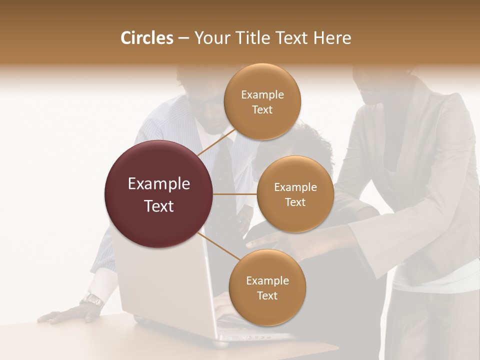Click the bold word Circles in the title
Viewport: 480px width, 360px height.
click(x=146, y=38)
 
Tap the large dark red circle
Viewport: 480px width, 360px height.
click(x=158, y=194)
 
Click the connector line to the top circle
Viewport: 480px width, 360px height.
click(x=216, y=142)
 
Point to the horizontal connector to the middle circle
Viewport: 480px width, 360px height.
click(x=235, y=194)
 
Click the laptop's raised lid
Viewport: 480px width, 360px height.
click(x=165, y=285)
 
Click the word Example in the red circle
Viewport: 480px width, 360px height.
click(x=158, y=184)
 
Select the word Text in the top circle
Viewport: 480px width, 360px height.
click(x=262, y=109)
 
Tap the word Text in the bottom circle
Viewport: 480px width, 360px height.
click(x=267, y=295)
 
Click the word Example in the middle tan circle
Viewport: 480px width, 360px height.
click(x=295, y=187)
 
